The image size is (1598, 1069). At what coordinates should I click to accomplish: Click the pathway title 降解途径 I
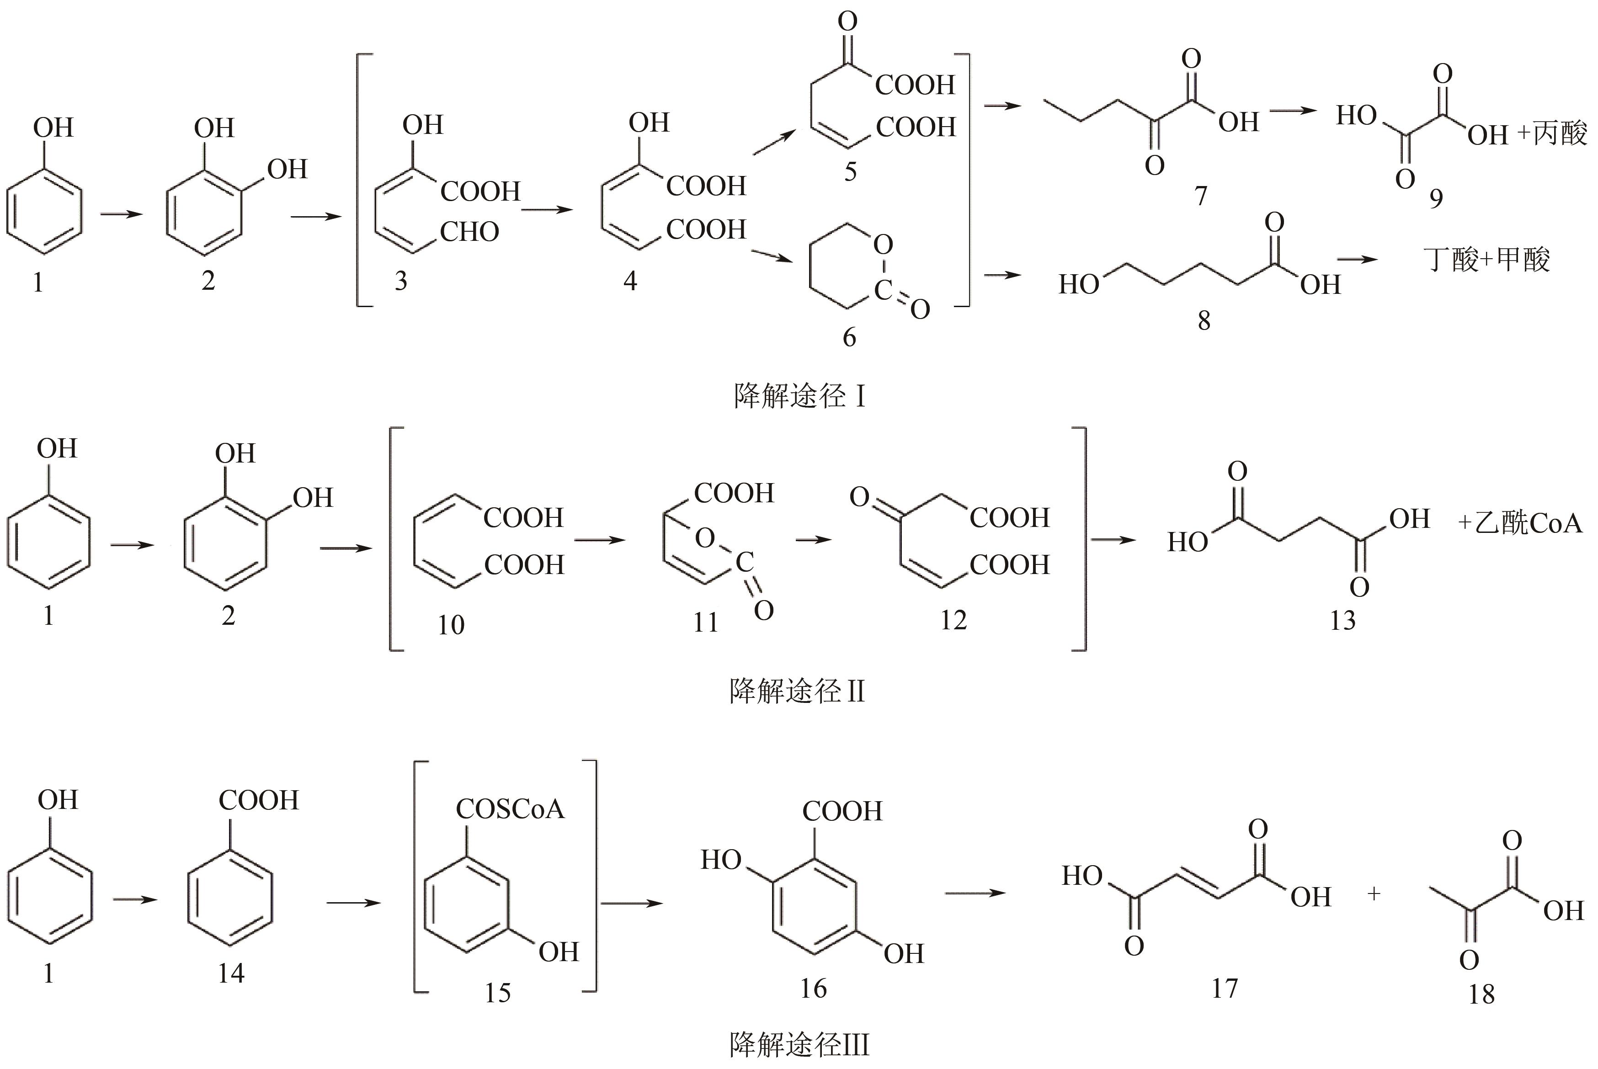tap(799, 396)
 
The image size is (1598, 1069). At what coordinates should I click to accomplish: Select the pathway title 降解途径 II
tap(797, 692)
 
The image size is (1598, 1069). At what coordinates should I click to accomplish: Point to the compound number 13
tap(1342, 620)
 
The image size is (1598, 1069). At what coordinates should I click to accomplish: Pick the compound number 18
tap(1481, 995)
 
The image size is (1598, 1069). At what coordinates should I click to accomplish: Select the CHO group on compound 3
tap(470, 233)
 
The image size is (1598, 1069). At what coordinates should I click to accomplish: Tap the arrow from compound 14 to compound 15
tap(353, 904)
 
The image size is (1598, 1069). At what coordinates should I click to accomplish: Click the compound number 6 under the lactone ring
tap(849, 337)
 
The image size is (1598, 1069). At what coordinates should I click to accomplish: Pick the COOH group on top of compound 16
tap(842, 811)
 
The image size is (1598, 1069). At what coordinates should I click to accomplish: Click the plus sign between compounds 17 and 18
tap(1374, 894)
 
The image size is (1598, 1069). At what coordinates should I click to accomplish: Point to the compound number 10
tap(451, 624)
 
